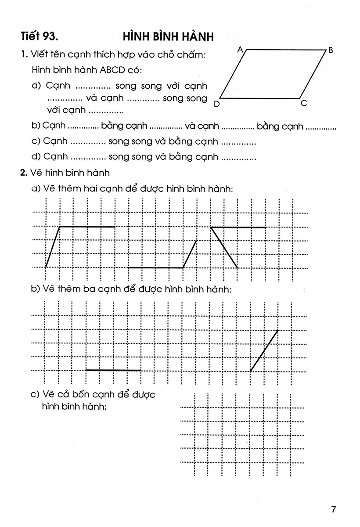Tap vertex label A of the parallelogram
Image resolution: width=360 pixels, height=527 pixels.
pos(240,50)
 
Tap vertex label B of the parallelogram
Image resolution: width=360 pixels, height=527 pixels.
pos(331,51)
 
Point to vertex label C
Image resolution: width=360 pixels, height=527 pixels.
pos(304,104)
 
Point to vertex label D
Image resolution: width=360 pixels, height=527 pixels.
pos(216,104)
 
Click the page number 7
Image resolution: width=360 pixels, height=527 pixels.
pos(334,509)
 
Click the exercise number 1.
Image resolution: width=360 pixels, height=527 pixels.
pos(23,55)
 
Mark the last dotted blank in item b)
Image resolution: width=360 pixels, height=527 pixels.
pos(320,127)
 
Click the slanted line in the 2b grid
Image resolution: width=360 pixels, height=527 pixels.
pos(264,350)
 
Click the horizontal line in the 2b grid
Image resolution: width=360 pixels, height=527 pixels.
pos(113,370)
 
